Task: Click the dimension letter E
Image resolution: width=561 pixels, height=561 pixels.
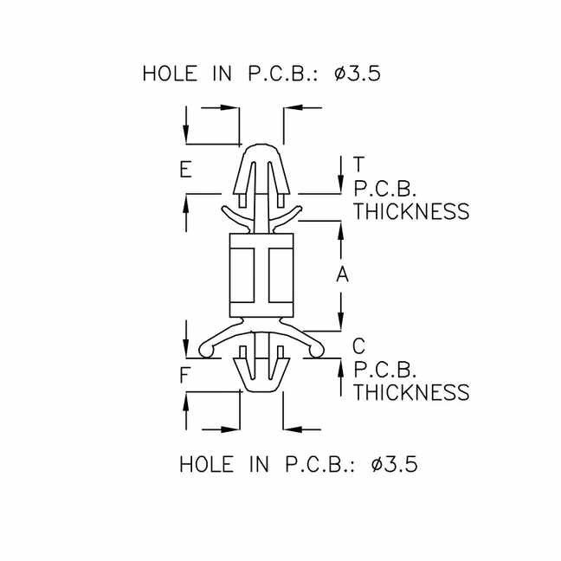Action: (x=185, y=170)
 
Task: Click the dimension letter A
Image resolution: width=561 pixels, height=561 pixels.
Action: (x=342, y=274)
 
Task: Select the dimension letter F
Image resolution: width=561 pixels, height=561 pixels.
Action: (x=185, y=376)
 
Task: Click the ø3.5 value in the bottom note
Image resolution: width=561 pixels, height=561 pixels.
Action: (x=394, y=464)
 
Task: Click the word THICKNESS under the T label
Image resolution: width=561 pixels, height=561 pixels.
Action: (x=411, y=211)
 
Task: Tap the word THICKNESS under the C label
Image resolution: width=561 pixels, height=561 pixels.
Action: (x=411, y=392)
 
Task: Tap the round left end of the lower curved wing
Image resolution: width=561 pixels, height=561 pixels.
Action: (x=206, y=350)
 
